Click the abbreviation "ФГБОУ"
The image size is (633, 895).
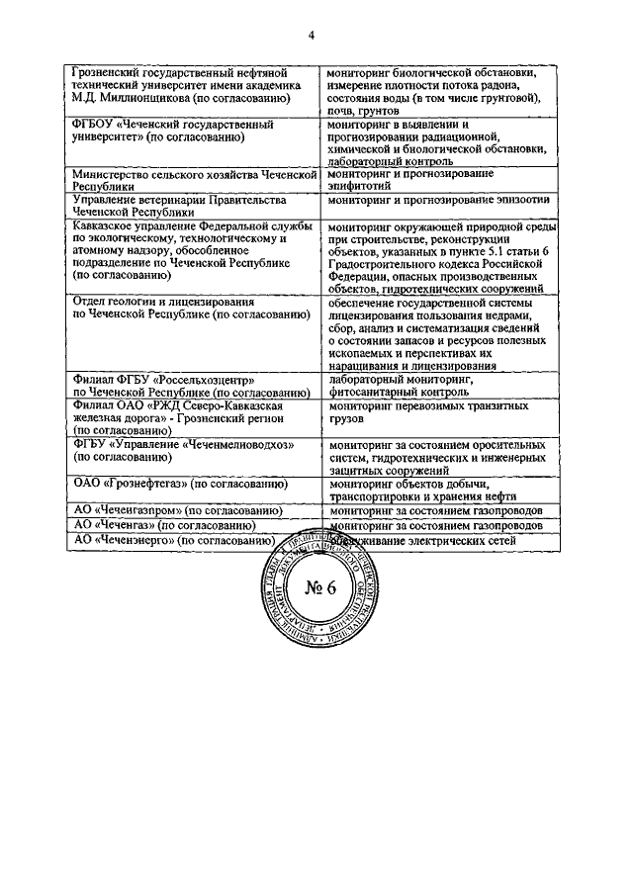[x=97, y=126]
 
